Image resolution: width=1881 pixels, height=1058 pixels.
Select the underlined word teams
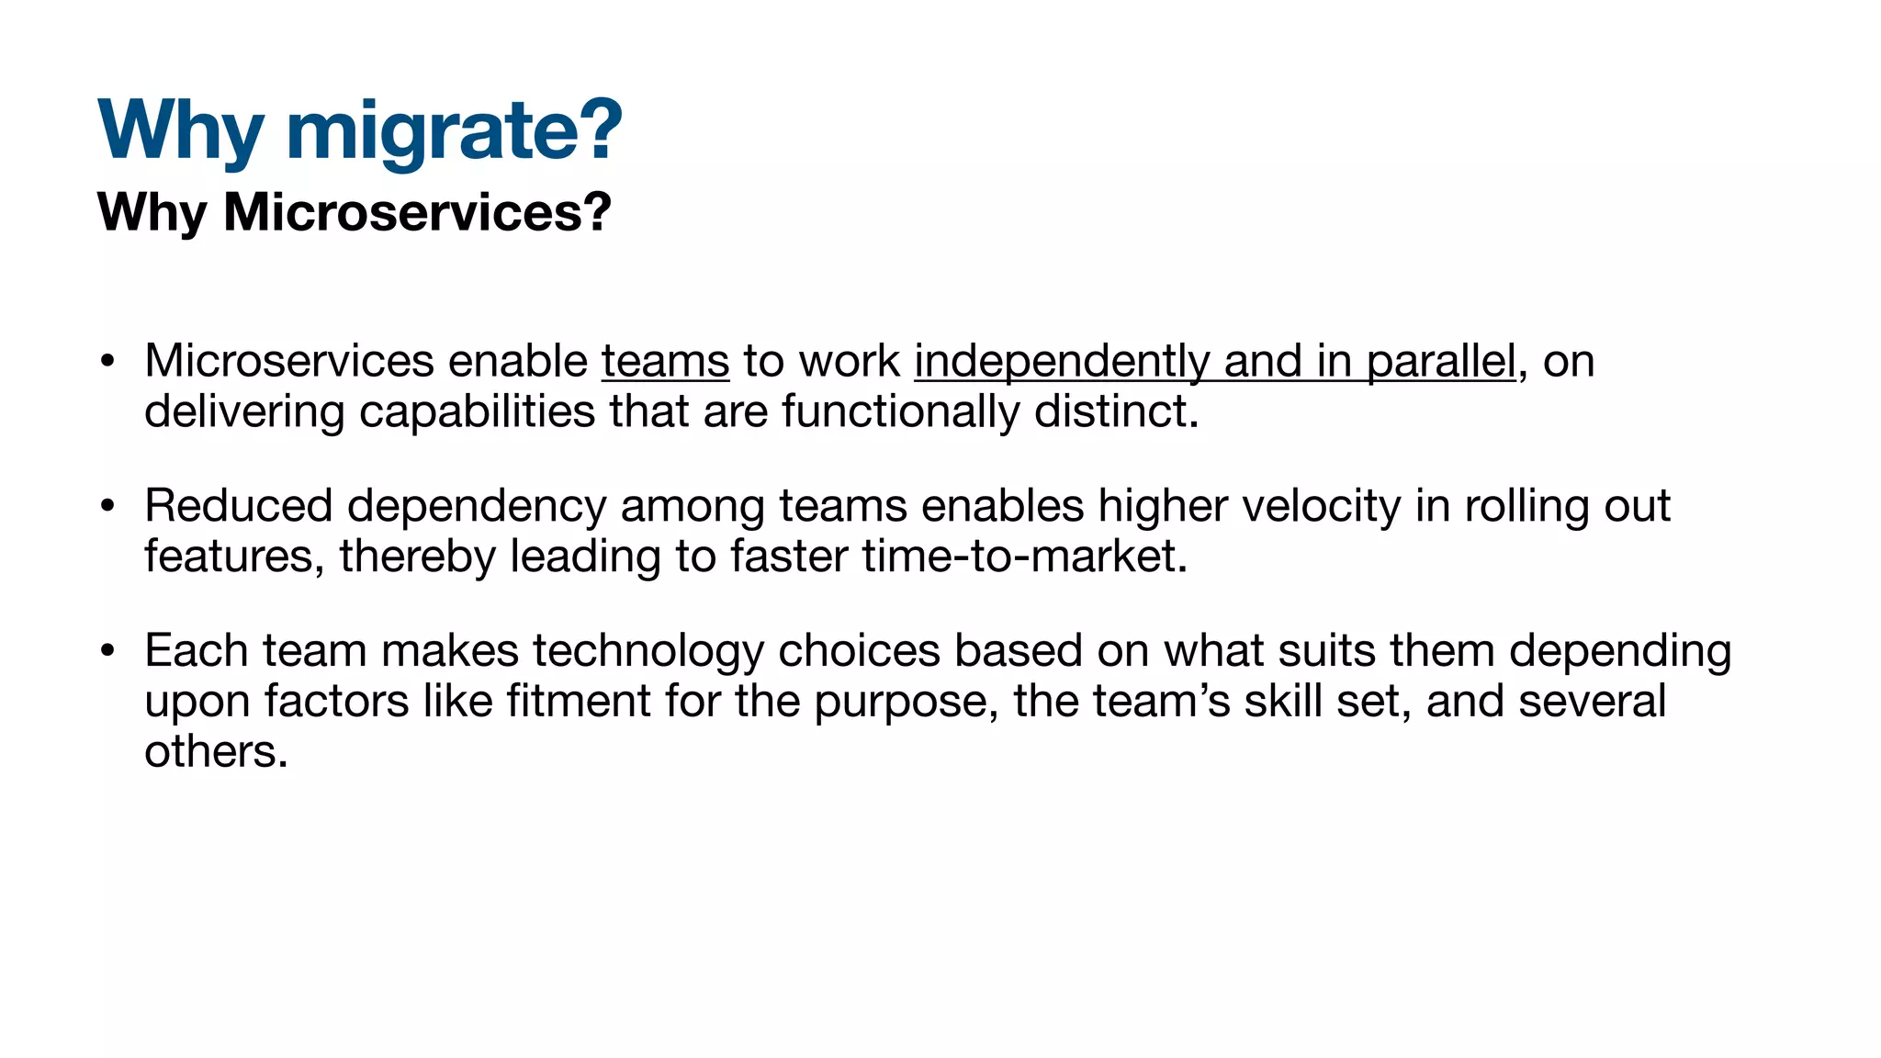tap(665, 361)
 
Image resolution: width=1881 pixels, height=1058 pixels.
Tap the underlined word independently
tap(1062, 361)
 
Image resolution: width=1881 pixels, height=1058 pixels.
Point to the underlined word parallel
tap(1440, 361)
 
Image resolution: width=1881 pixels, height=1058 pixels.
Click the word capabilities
tap(477, 411)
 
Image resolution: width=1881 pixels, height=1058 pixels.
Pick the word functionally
tap(900, 411)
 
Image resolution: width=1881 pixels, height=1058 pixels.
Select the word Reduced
tap(238, 506)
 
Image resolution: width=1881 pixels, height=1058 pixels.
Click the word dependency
tap(477, 506)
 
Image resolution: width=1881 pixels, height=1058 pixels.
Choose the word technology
tap(648, 651)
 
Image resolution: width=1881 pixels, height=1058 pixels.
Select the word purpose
tap(906, 703)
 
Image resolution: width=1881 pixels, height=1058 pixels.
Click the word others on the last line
tap(215, 751)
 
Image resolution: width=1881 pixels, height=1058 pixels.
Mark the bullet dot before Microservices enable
tap(107, 361)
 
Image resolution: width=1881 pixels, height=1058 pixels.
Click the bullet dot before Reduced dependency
tap(107, 506)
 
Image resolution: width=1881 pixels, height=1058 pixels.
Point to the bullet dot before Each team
tap(107, 651)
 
